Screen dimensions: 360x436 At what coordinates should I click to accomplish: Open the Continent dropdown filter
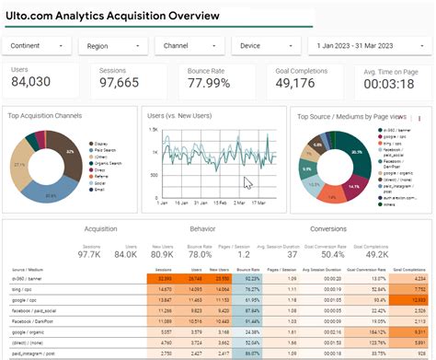pos(38,45)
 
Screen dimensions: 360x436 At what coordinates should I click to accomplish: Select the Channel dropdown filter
pos(189,45)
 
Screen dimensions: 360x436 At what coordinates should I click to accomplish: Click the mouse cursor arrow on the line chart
pos(247,182)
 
